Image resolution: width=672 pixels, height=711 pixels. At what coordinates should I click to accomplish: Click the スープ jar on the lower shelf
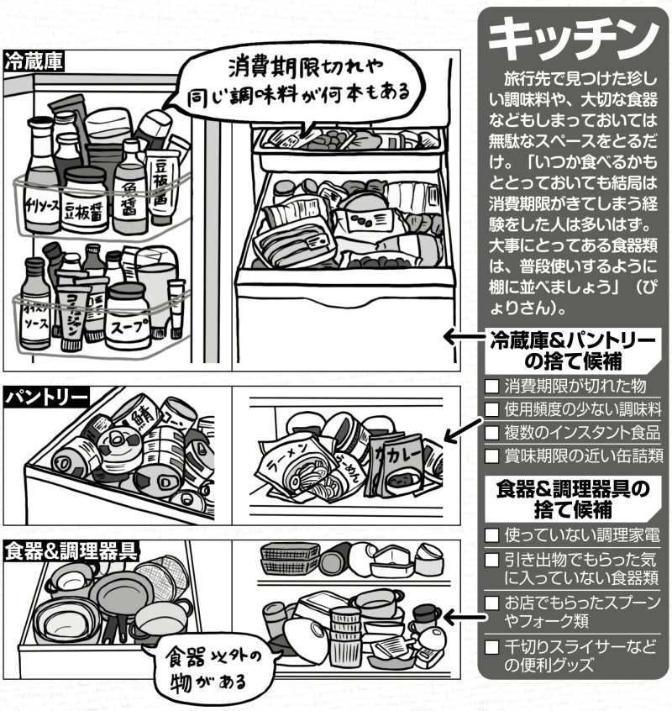coord(128,318)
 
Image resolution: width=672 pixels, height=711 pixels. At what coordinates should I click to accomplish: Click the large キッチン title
coord(572,38)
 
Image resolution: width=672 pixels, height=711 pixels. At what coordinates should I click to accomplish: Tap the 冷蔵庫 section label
coord(35,61)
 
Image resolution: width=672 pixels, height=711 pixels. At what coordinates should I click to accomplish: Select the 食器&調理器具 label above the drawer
coord(71,550)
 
